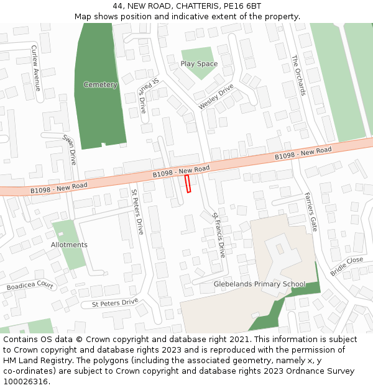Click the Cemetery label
pos(100,84)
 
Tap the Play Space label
pos(199,64)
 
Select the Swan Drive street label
pos(68,149)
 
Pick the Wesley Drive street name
pos(216,97)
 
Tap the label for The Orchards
pos(299,75)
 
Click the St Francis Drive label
pos(218,235)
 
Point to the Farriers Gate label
pos(310,212)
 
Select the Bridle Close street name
pos(346,266)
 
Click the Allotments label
pos(69,245)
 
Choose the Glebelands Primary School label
pos(259,284)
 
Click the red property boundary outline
pos(188,184)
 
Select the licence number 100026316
pos(26,382)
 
